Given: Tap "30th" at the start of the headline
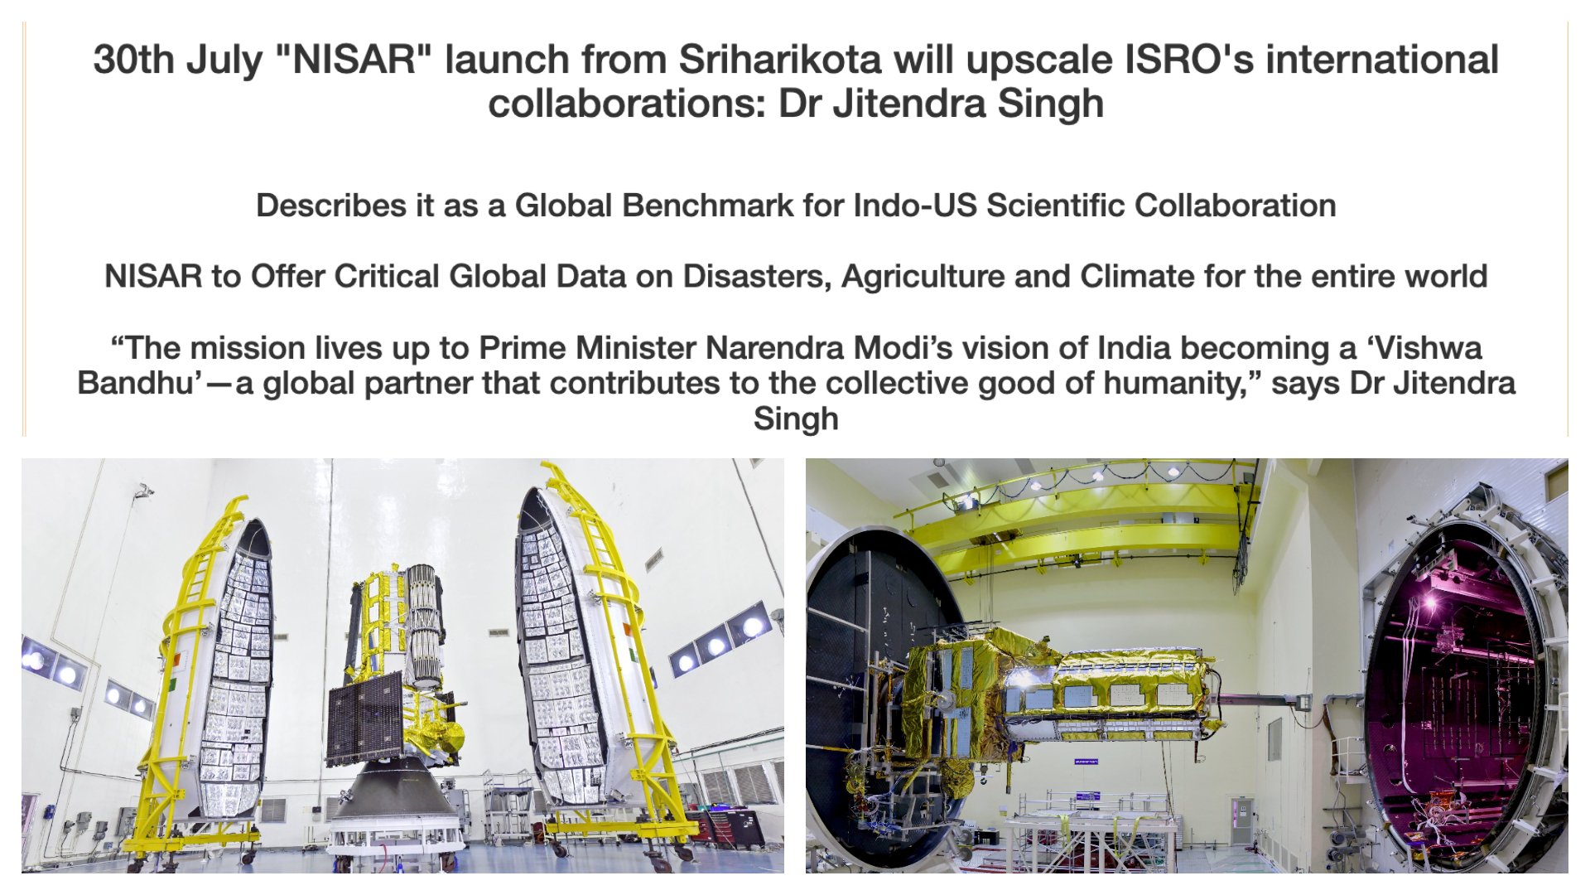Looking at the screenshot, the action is pos(133,60).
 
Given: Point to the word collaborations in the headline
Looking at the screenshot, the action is pos(628,104).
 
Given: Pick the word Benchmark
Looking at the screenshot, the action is pos(707,206).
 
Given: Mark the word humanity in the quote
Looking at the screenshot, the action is pos(1175,384).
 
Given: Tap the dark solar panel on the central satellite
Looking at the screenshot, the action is pos(365,719).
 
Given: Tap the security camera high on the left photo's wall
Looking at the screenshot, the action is pos(145,491).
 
